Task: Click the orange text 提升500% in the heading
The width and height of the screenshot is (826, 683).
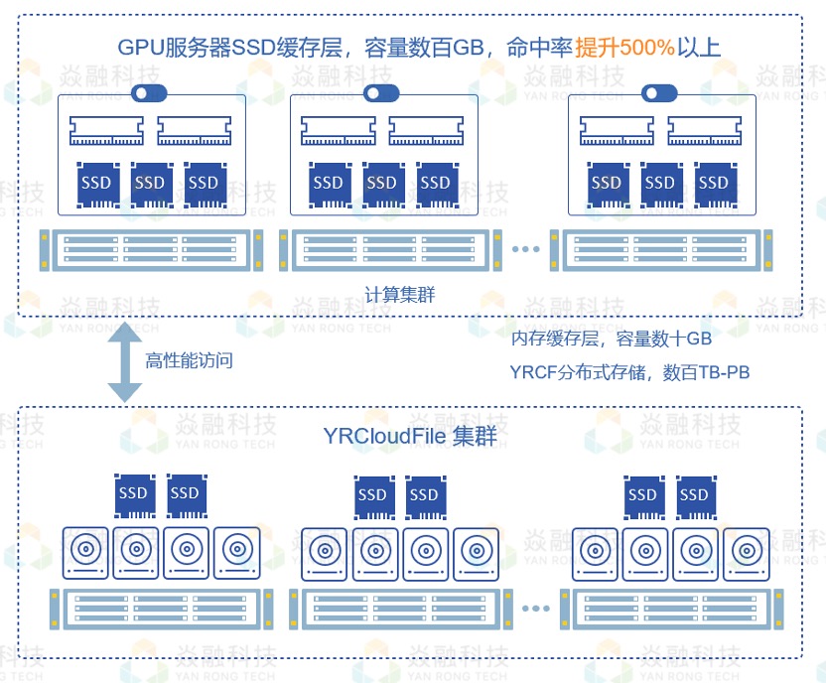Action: pyautogui.click(x=624, y=47)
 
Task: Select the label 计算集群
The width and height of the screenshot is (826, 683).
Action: pyautogui.click(x=400, y=295)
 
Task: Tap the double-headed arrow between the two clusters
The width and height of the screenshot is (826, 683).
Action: pyautogui.click(x=125, y=361)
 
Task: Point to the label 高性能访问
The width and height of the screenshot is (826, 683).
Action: pyautogui.click(x=190, y=360)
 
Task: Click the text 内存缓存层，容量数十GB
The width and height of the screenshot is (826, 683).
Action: pyautogui.click(x=612, y=340)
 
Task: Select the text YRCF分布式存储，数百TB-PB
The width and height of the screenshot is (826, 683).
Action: pyautogui.click(x=629, y=372)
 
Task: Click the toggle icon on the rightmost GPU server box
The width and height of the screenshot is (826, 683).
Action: pyautogui.click(x=659, y=94)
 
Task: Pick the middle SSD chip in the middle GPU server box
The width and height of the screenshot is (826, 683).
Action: pyautogui.click(x=381, y=184)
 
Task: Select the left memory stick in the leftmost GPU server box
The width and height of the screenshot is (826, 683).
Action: pyautogui.click(x=107, y=131)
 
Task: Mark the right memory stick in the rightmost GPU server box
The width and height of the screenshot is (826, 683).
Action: pyautogui.click(x=704, y=131)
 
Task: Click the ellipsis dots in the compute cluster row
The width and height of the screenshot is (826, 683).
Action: pyautogui.click(x=525, y=250)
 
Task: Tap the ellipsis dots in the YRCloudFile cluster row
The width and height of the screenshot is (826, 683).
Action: pyautogui.click(x=535, y=608)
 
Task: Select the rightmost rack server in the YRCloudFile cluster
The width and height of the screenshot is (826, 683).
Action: pyautogui.click(x=675, y=608)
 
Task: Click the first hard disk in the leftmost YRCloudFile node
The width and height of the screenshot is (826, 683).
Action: pyautogui.click(x=85, y=552)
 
